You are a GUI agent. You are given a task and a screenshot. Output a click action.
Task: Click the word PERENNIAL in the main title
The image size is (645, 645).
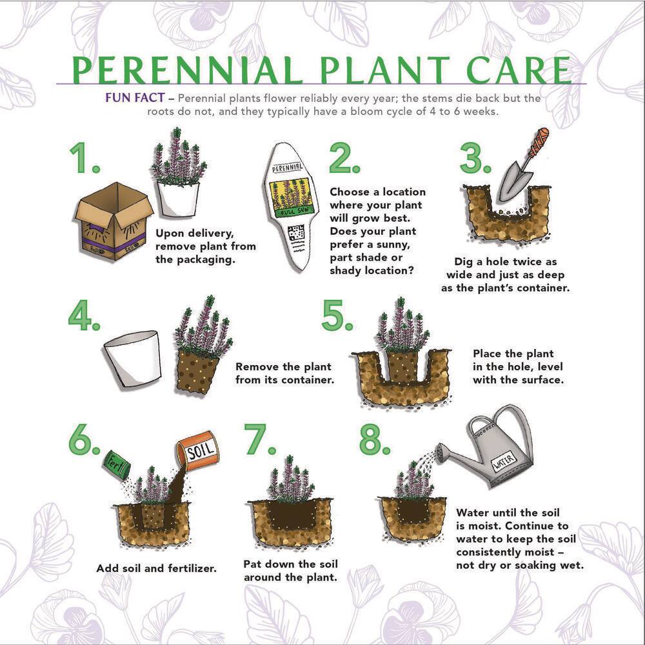187,71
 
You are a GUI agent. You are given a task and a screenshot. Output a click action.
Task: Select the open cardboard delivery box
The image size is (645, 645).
114,223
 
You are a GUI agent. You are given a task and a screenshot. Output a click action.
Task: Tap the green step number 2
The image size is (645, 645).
348,158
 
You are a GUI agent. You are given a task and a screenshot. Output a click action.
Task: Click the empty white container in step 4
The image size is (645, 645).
133,359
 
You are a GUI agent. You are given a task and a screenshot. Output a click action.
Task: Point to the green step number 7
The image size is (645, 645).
259,440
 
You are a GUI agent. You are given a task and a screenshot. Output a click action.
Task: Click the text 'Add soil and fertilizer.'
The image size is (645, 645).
156,569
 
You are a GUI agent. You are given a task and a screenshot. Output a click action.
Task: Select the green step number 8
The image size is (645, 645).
375,440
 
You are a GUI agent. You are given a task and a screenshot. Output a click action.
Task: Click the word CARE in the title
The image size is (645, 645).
510,71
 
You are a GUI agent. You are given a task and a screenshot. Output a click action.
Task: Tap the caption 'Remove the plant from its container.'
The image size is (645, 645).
284,373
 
